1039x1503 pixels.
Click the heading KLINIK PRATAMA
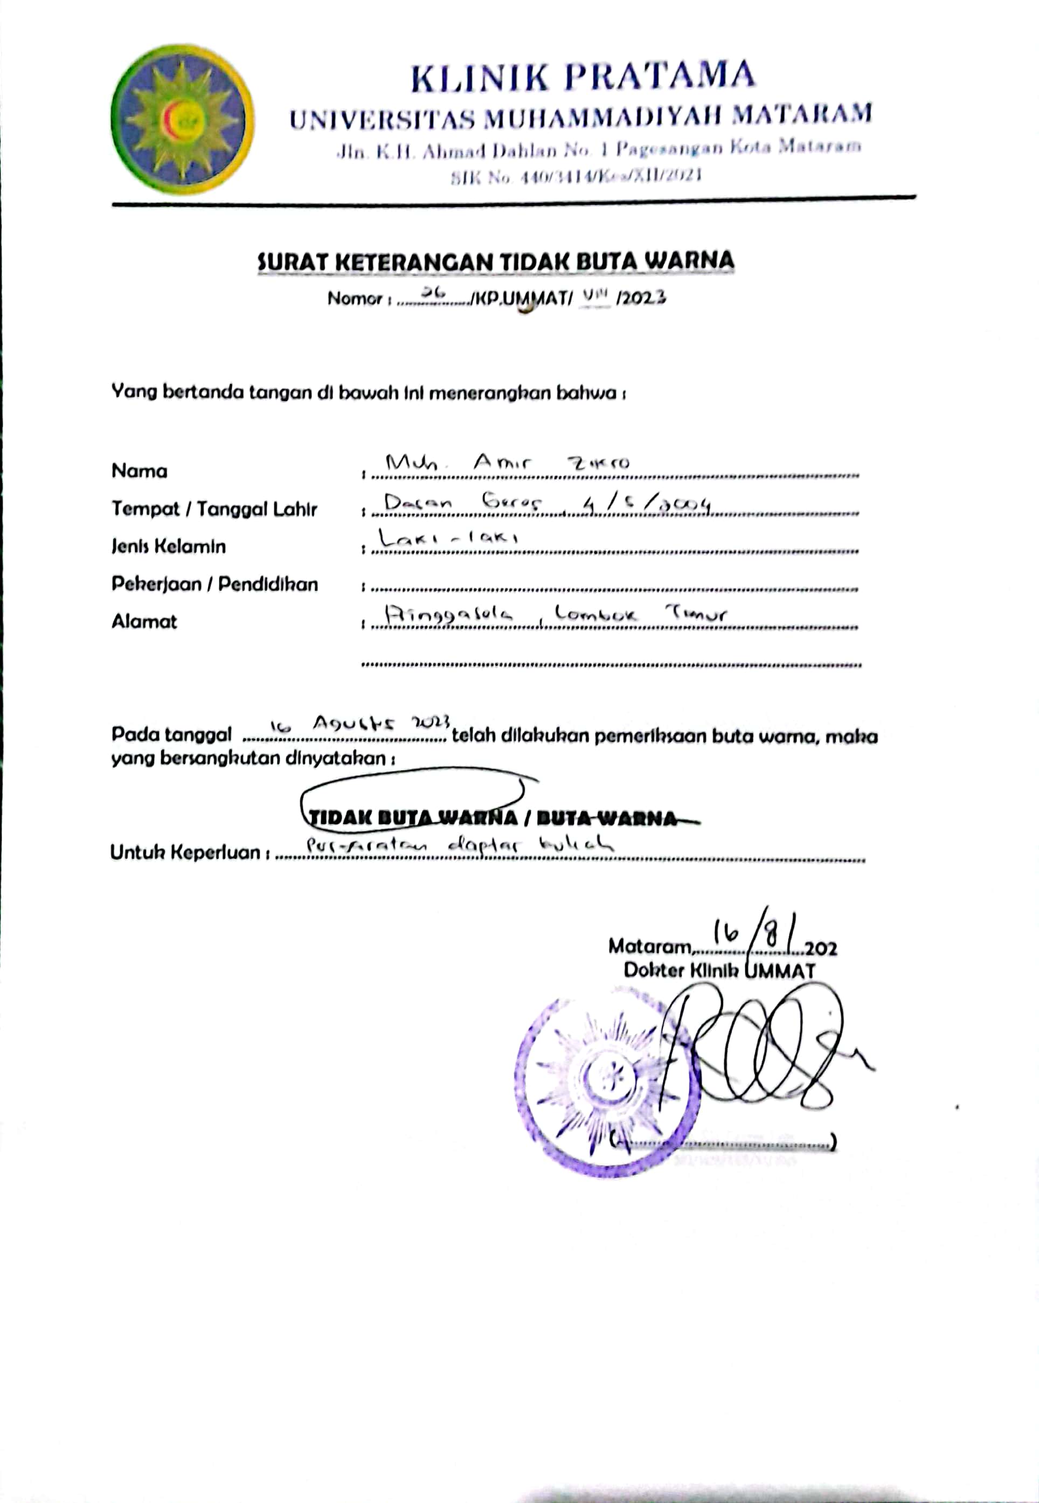583,76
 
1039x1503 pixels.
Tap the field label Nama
140,471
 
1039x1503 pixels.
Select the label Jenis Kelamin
169,546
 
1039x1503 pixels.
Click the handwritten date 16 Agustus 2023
360,724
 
